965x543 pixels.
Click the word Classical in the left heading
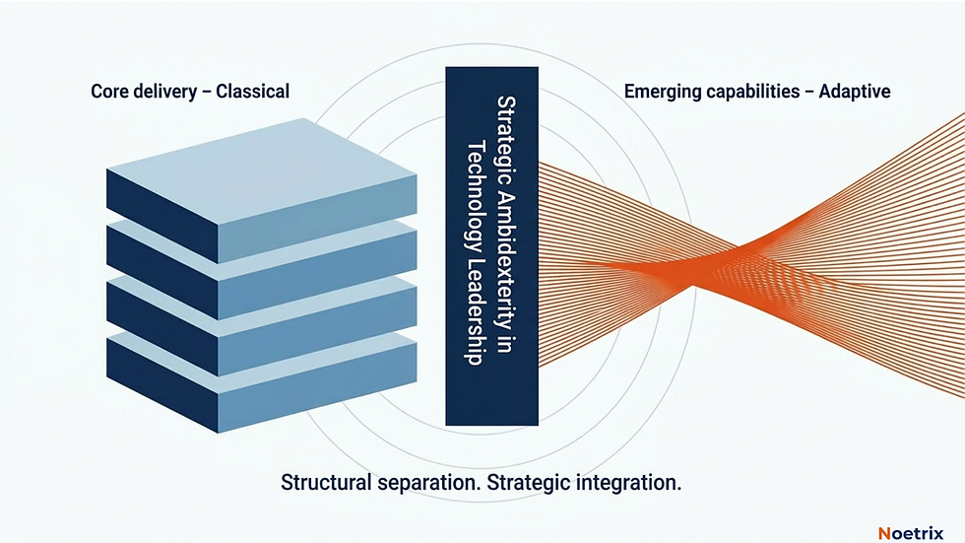click(x=252, y=92)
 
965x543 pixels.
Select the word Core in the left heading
click(x=110, y=92)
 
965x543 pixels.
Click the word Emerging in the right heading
click(x=663, y=92)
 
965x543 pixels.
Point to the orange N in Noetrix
click(x=883, y=532)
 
